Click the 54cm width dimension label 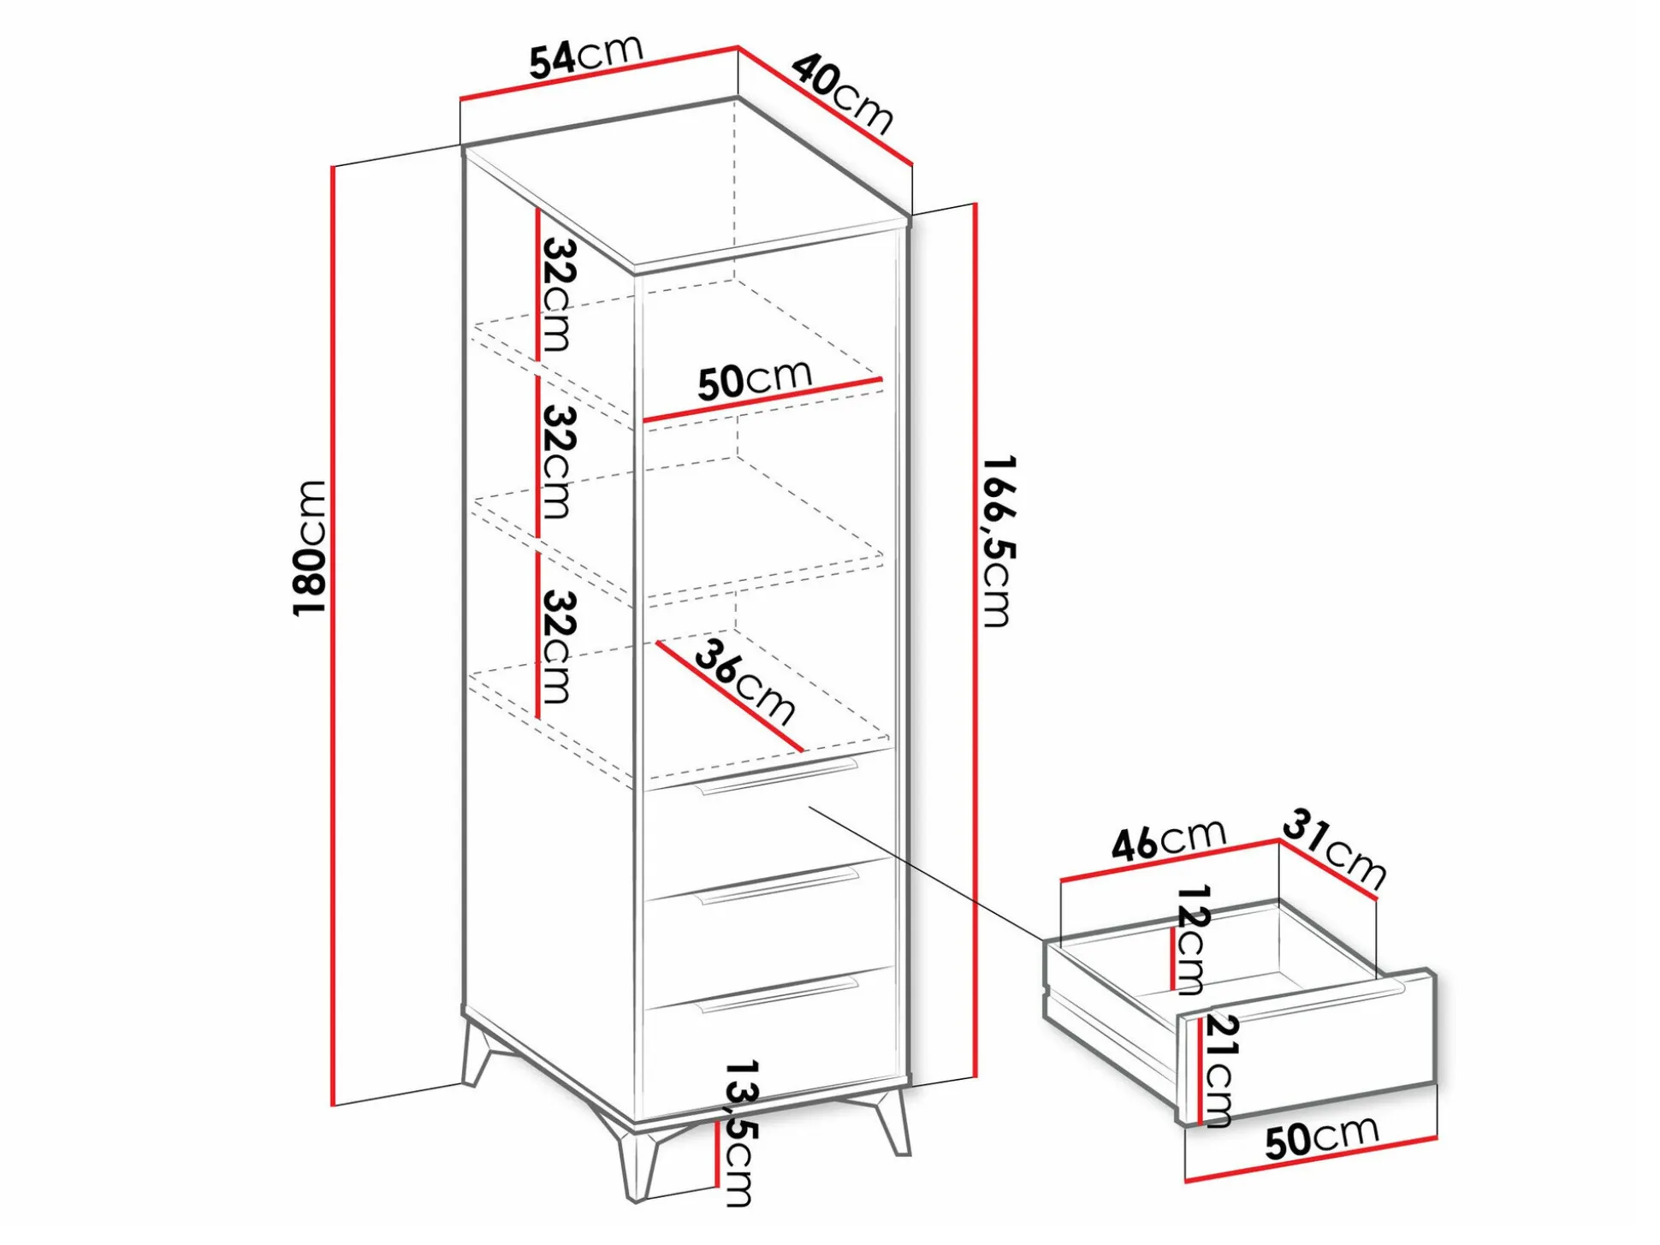pos(585,56)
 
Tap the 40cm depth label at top pos(842,93)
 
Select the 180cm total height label pos(309,547)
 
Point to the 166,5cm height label pos(998,541)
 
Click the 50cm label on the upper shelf pos(755,379)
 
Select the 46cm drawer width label pos(1169,839)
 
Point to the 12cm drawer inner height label pos(1191,940)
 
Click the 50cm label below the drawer pos(1322,1137)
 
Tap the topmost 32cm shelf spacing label pos(559,294)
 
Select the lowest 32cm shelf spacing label pos(559,647)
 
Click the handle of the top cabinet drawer pos(779,774)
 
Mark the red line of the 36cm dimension pos(729,697)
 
